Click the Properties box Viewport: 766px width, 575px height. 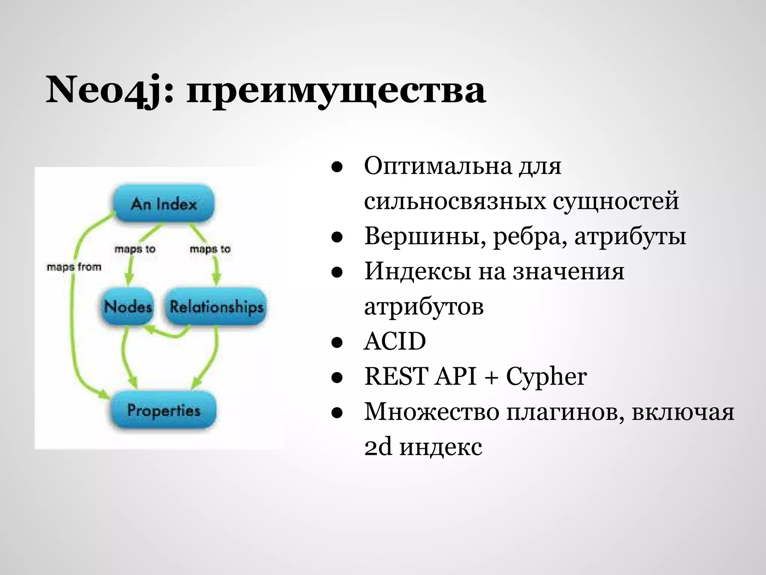tap(164, 410)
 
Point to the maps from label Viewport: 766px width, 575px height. tap(74, 267)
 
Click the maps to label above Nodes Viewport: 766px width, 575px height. tap(135, 249)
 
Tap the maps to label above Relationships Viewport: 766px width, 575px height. tap(210, 249)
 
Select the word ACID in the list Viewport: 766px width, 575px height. tap(395, 341)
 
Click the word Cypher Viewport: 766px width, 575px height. tap(546, 376)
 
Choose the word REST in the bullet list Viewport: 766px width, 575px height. tap(396, 376)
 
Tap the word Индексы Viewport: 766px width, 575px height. tap(417, 271)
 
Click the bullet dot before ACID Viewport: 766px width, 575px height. tap(337, 343)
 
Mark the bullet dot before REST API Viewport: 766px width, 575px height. tap(337, 378)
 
